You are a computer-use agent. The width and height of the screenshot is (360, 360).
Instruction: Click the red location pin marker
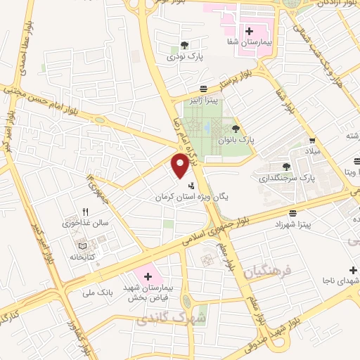pos(181,164)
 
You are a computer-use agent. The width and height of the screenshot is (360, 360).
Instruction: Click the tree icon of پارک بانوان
pos(235,128)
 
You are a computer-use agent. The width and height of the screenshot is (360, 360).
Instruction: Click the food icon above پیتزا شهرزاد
pos(292,212)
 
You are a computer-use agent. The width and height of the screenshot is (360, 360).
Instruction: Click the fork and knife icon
pos(86,211)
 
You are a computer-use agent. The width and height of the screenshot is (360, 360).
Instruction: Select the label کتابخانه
pos(82,258)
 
